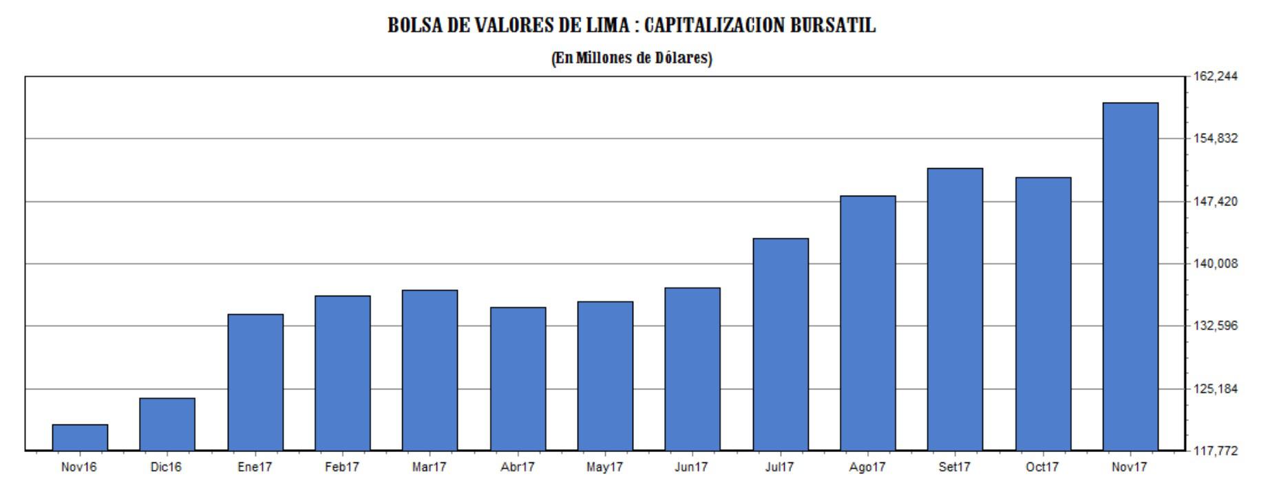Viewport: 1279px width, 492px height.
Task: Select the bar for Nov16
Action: [80, 438]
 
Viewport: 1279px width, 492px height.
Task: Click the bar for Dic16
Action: [167, 424]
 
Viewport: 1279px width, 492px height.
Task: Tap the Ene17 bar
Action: [255, 382]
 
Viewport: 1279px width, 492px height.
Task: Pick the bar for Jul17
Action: [780, 345]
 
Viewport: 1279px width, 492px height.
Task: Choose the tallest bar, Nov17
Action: [1130, 276]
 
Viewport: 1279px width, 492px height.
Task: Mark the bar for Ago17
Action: [867, 323]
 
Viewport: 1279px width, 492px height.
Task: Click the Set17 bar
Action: [955, 309]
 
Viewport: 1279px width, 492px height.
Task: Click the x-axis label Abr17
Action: [517, 467]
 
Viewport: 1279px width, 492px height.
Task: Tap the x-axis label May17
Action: [604, 467]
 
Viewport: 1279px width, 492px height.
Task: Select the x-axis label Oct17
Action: [1042, 467]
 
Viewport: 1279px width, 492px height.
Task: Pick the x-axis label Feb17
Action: [342, 467]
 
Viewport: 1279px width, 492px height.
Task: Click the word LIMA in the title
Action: [610, 25]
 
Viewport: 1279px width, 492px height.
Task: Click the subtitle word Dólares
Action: [682, 58]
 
